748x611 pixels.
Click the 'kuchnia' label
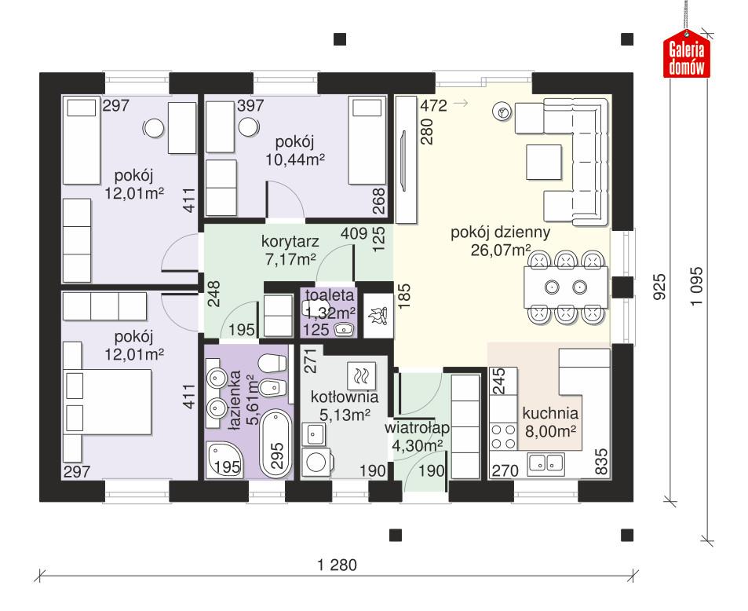[x=549, y=413]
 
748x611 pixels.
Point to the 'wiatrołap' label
[x=416, y=428]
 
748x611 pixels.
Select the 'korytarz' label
[x=290, y=240]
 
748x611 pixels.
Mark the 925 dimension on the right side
[x=659, y=287]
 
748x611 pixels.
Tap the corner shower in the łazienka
[x=221, y=459]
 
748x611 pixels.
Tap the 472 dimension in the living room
[x=433, y=106]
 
